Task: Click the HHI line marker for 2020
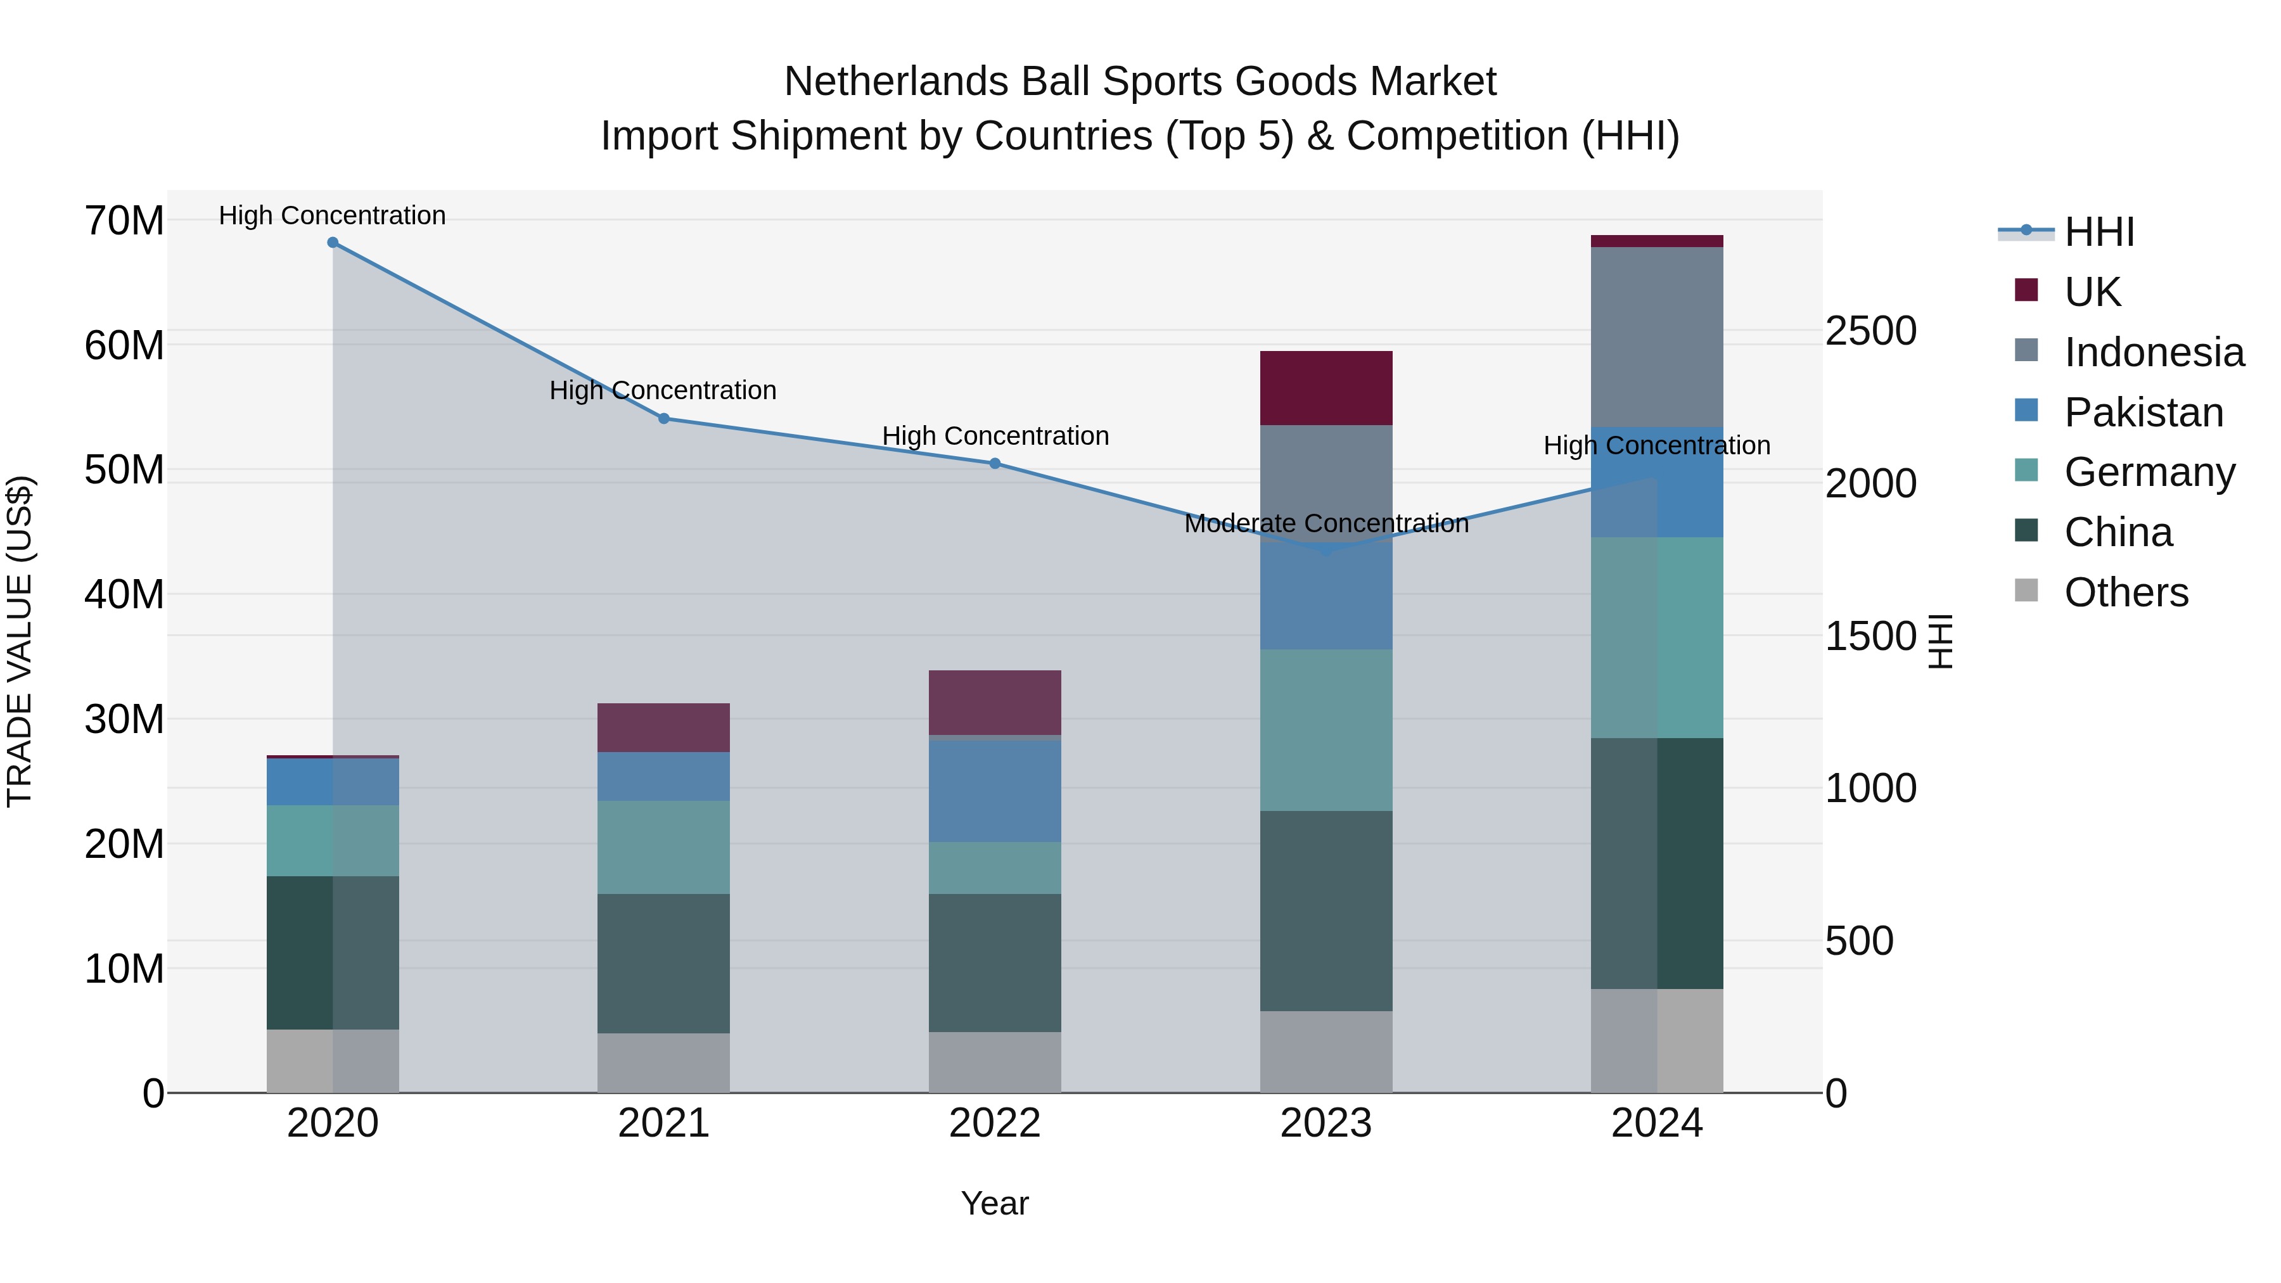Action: pyautogui.click(x=333, y=243)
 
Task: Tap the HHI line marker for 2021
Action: pyautogui.click(x=664, y=418)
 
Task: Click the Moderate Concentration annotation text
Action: pyautogui.click(x=1326, y=523)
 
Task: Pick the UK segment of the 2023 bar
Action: pyautogui.click(x=1326, y=388)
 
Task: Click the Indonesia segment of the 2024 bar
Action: pyautogui.click(x=1657, y=336)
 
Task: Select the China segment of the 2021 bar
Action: pyautogui.click(x=663, y=963)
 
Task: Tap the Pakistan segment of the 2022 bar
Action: pyautogui.click(x=994, y=790)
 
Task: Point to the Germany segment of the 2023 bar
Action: pyautogui.click(x=1326, y=730)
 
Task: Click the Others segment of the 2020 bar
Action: pyautogui.click(x=333, y=1061)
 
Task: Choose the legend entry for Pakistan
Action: pyautogui.click(x=2143, y=412)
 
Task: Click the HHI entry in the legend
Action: pyautogui.click(x=2099, y=232)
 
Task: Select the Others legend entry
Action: pyautogui.click(x=2125, y=592)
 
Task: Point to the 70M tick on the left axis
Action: pyautogui.click(x=124, y=220)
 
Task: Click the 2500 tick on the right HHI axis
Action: pyautogui.click(x=1870, y=331)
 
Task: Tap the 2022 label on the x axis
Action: pyautogui.click(x=994, y=1123)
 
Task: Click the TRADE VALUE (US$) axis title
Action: pyautogui.click(x=20, y=641)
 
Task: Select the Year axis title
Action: pyautogui.click(x=994, y=1203)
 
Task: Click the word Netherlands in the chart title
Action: pyautogui.click(x=894, y=82)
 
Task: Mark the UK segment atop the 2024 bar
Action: pyautogui.click(x=1657, y=241)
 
